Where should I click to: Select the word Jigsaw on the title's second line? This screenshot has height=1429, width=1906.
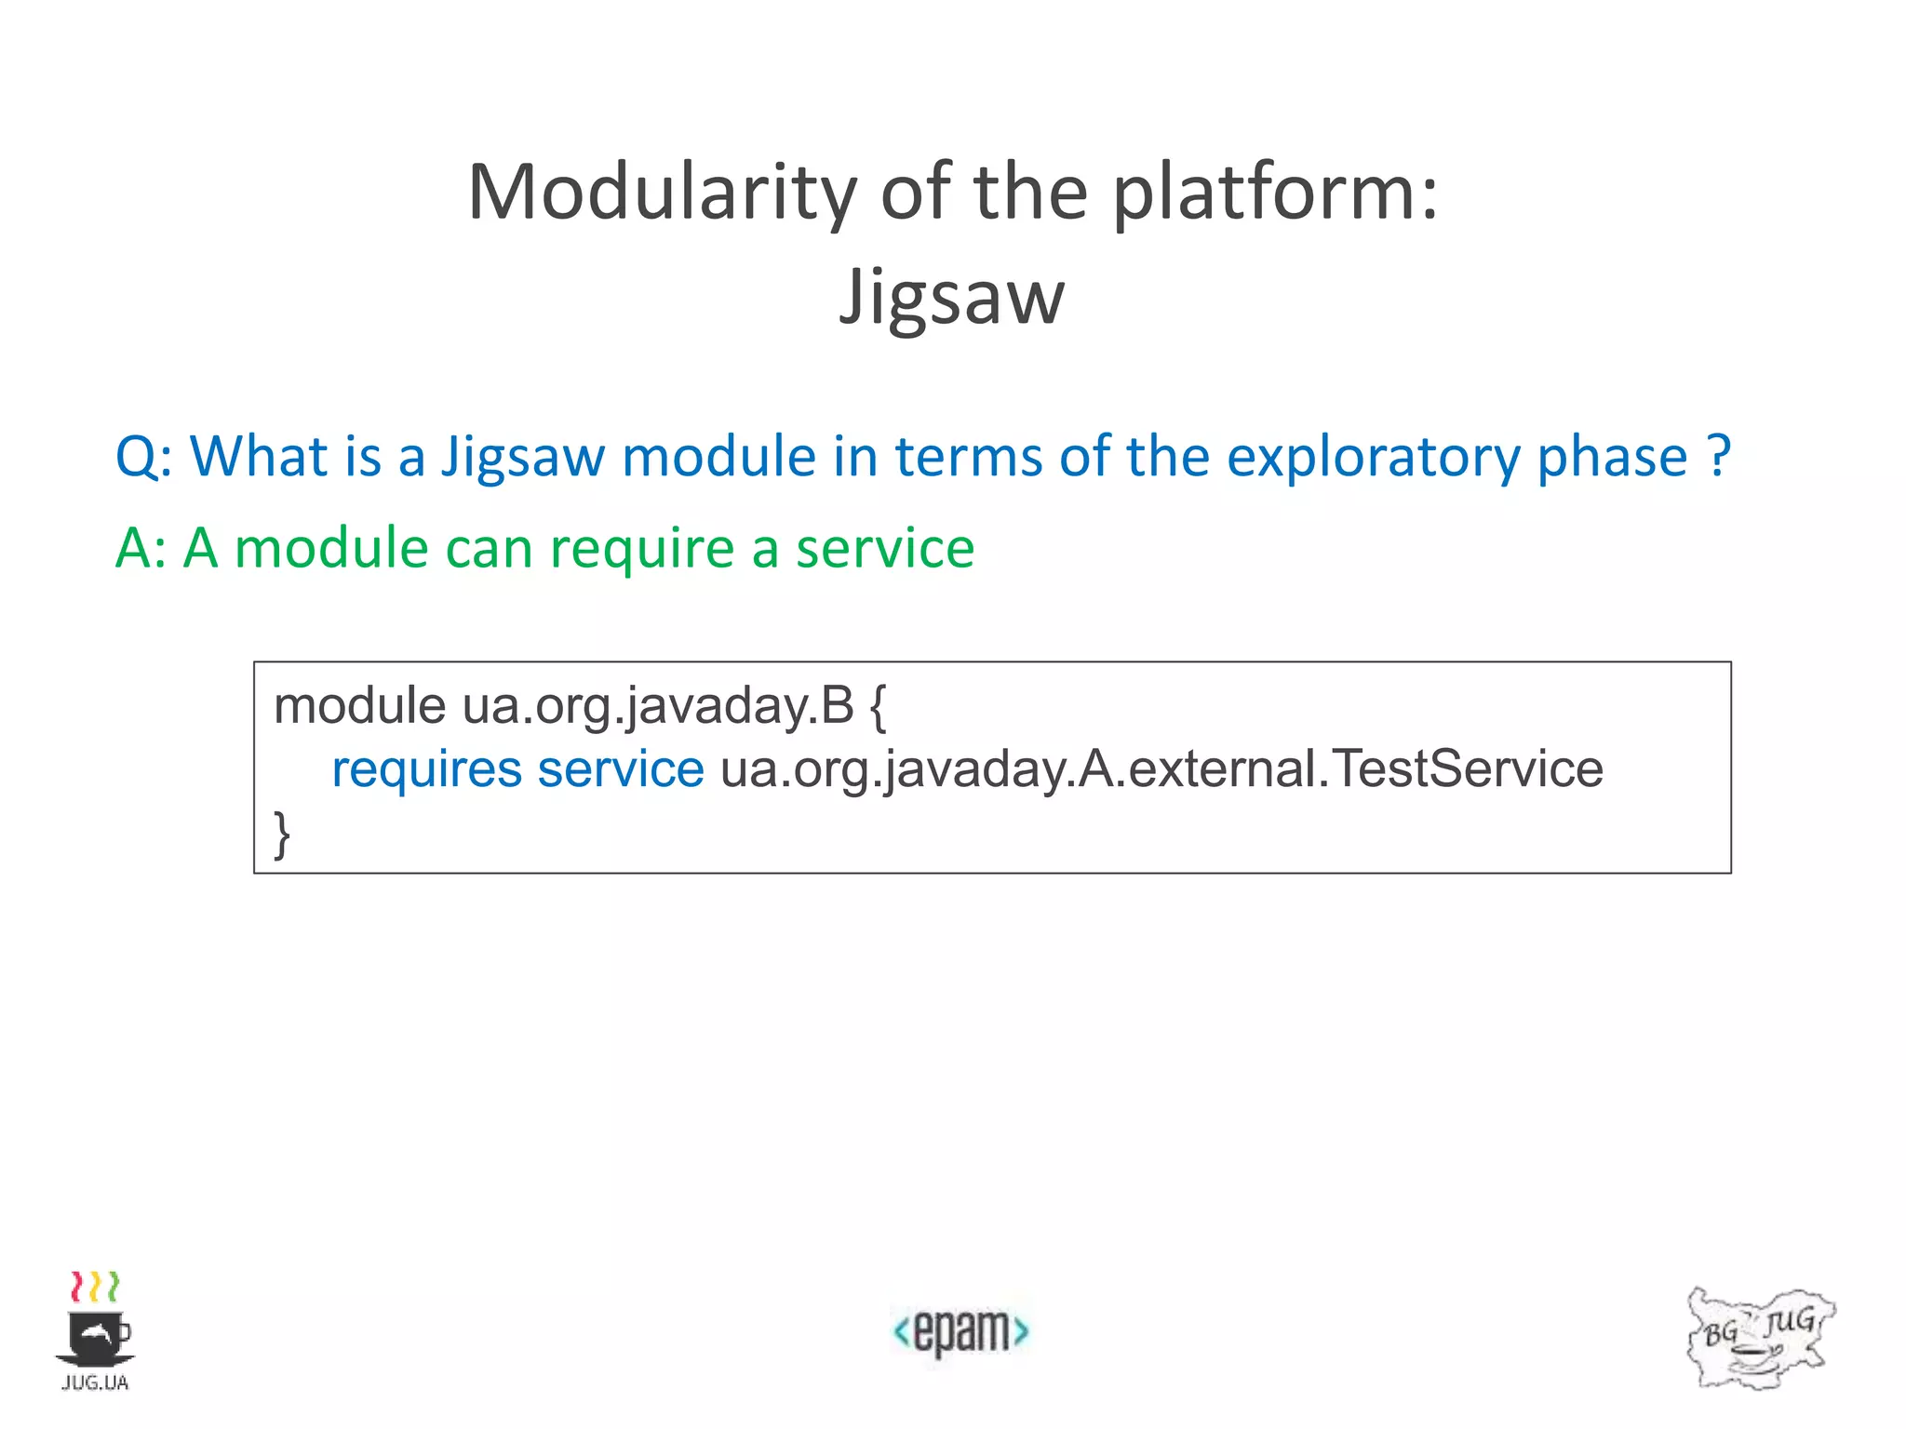(x=951, y=297)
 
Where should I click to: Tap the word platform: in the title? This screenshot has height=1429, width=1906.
(x=1276, y=193)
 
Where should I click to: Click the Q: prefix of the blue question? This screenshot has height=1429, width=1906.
(x=144, y=457)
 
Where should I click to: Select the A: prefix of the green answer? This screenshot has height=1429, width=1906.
(x=141, y=547)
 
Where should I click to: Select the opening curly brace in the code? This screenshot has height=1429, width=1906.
(x=877, y=707)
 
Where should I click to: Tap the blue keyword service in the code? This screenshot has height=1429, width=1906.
(x=621, y=769)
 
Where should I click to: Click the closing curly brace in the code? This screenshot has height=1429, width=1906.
(x=281, y=834)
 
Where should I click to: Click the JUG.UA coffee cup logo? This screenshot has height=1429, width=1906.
(x=95, y=1331)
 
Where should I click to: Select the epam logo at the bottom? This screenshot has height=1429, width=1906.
(x=960, y=1331)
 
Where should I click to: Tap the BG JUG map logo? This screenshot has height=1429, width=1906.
(x=1759, y=1338)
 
